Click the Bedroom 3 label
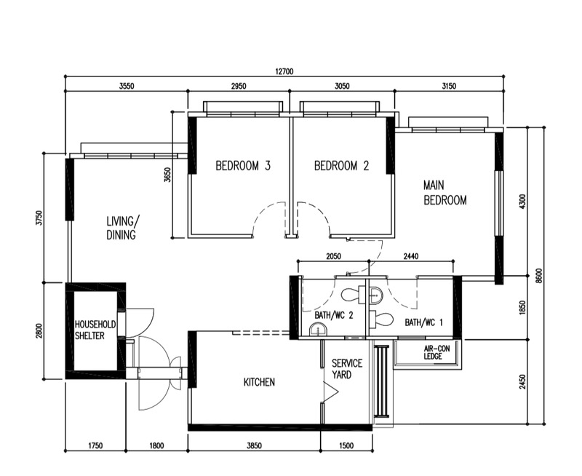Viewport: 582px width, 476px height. coord(243,166)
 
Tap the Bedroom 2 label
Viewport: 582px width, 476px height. coord(341,166)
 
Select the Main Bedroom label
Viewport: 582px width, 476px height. coord(445,193)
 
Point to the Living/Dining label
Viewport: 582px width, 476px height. coord(121,228)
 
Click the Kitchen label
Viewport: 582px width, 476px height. coord(259,382)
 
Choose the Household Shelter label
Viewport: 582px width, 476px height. coord(95,329)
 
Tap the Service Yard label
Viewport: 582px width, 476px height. coord(346,368)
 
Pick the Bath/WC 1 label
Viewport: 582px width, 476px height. coord(423,322)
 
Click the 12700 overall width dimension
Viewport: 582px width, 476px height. coord(284,71)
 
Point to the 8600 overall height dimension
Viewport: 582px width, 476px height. coord(538,277)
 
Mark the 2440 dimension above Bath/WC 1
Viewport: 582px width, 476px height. coord(411,257)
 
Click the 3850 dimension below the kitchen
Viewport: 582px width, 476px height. coord(254,445)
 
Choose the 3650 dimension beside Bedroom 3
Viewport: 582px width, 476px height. coord(168,175)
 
